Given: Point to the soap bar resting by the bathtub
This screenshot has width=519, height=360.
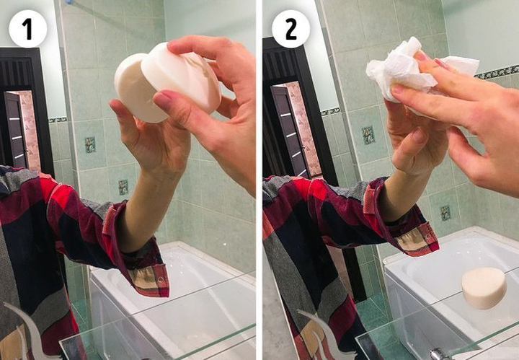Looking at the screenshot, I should tap(484, 287).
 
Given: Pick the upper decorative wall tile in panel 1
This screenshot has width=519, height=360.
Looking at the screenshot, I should tap(90, 144).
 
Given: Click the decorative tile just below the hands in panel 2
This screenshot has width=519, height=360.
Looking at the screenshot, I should tap(368, 135).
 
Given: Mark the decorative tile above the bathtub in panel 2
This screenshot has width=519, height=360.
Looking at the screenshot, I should tap(445, 213).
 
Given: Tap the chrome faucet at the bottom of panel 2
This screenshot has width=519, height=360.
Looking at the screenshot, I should tap(440, 354).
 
